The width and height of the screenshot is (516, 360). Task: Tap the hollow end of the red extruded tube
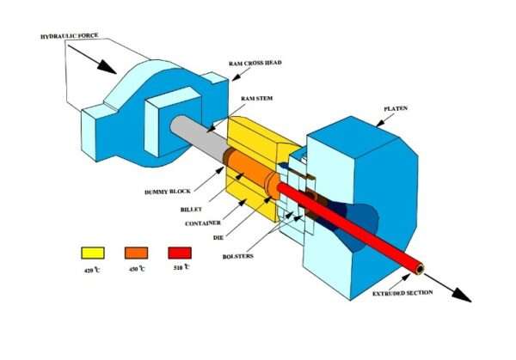(419, 269)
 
